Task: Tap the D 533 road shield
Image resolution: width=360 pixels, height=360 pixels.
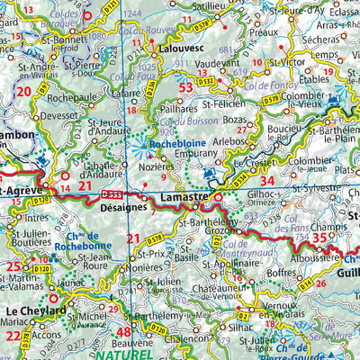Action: (112, 193)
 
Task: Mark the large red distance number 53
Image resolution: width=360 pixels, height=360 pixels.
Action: (186, 87)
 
